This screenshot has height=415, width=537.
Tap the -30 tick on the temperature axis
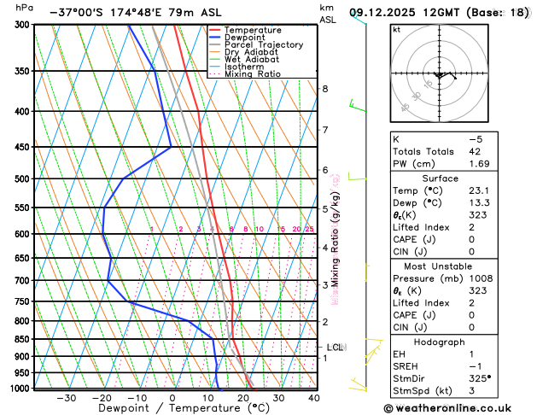pyautogui.click(x=66, y=397)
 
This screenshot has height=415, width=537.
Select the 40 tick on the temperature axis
pyautogui.click(x=313, y=397)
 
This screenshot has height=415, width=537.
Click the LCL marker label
pyautogui.click(x=335, y=348)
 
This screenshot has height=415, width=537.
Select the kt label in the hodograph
pyautogui.click(x=396, y=30)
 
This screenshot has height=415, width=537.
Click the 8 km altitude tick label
pyautogui.click(x=324, y=89)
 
